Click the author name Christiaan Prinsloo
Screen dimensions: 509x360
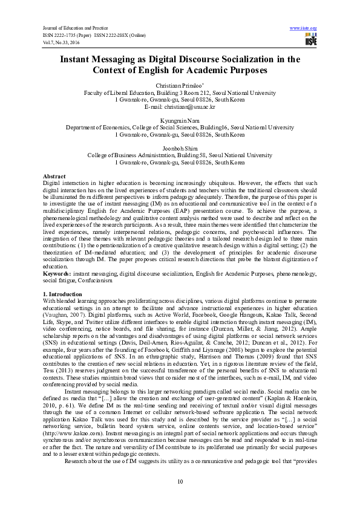click(179, 86)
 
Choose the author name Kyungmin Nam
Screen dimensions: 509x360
click(180, 121)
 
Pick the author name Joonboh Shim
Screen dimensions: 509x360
click(180, 148)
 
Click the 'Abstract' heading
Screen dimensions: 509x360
click(55, 175)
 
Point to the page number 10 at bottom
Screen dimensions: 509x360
click(180, 481)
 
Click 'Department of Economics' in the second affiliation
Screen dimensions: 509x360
click(99, 128)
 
